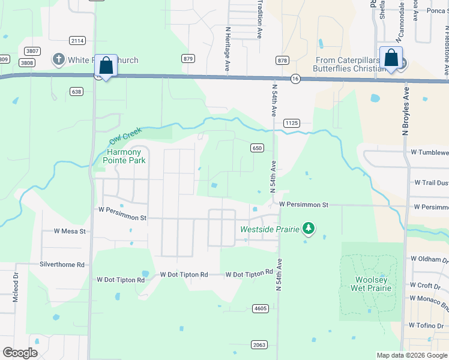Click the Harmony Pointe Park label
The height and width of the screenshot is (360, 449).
click(124, 156)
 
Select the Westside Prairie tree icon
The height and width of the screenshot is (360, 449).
click(309, 228)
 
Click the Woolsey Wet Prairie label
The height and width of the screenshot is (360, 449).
click(373, 284)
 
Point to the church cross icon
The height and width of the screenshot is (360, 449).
click(58, 59)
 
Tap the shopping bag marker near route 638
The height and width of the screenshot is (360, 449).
click(106, 66)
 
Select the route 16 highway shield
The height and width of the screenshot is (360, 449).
click(295, 79)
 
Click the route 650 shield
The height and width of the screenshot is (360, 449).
click(257, 148)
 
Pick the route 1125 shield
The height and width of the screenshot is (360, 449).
click(292, 122)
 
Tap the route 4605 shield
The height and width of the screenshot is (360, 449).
click(260, 308)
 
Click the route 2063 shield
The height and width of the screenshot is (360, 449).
click(259, 344)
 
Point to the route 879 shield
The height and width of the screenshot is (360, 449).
click(188, 58)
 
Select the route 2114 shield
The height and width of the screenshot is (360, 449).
click(77, 40)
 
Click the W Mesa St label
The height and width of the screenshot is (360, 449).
click(70, 230)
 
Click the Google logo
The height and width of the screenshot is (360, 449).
click(20, 353)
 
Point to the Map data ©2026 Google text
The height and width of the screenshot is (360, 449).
click(411, 355)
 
